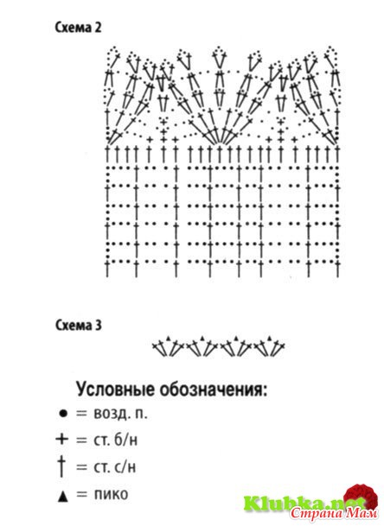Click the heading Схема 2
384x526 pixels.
coord(78,28)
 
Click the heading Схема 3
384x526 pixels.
coord(78,325)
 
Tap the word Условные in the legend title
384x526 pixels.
coord(116,390)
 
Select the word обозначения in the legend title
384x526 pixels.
coord(214,390)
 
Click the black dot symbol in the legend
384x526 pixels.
coord(63,413)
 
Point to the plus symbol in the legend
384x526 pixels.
coord(61,439)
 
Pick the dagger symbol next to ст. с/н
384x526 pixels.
coord(61,466)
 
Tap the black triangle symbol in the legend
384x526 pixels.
coord(62,497)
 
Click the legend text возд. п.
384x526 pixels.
coord(120,414)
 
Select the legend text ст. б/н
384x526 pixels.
coord(115,440)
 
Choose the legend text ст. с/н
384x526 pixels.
coord(115,466)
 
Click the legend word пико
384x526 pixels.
coord(111,494)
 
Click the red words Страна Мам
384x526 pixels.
coord(334,513)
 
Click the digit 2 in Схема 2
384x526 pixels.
coord(98,28)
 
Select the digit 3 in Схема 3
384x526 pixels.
coord(98,326)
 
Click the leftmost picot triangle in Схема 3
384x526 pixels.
coord(169,338)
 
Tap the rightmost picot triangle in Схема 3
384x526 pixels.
coord(269,338)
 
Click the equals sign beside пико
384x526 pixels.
coord(81,494)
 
